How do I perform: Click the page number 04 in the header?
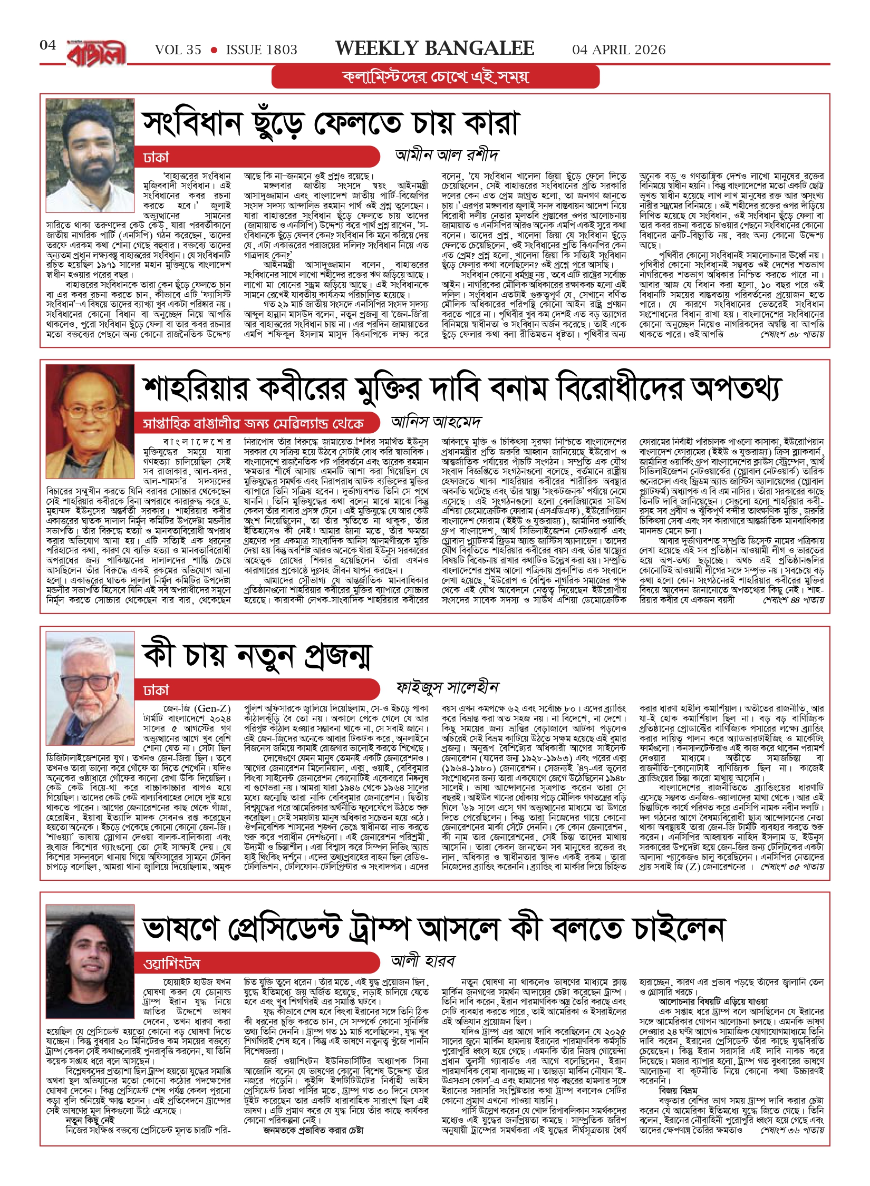[47, 45]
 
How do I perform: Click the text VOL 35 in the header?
[178, 50]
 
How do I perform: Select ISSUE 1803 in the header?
[262, 50]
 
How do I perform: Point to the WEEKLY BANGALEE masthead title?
[434, 48]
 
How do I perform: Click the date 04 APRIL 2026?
[618, 50]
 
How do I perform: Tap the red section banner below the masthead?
[436, 77]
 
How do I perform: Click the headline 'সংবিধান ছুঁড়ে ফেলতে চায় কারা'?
[331, 123]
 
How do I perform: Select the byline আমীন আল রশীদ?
[447, 155]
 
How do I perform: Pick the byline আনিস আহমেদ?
[436, 422]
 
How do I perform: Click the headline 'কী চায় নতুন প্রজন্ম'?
[257, 656]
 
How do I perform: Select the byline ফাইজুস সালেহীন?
[447, 687]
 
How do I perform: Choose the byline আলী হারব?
[423, 961]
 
